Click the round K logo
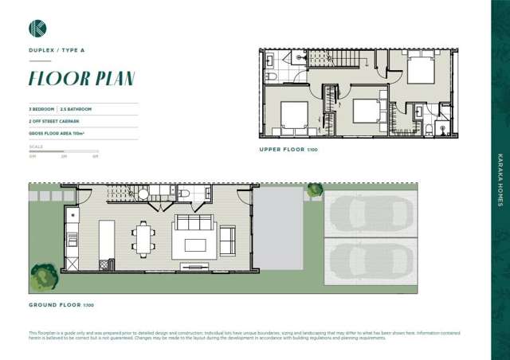37,29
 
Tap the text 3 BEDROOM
41,108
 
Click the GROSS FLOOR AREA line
57,135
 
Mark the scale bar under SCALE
63,151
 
